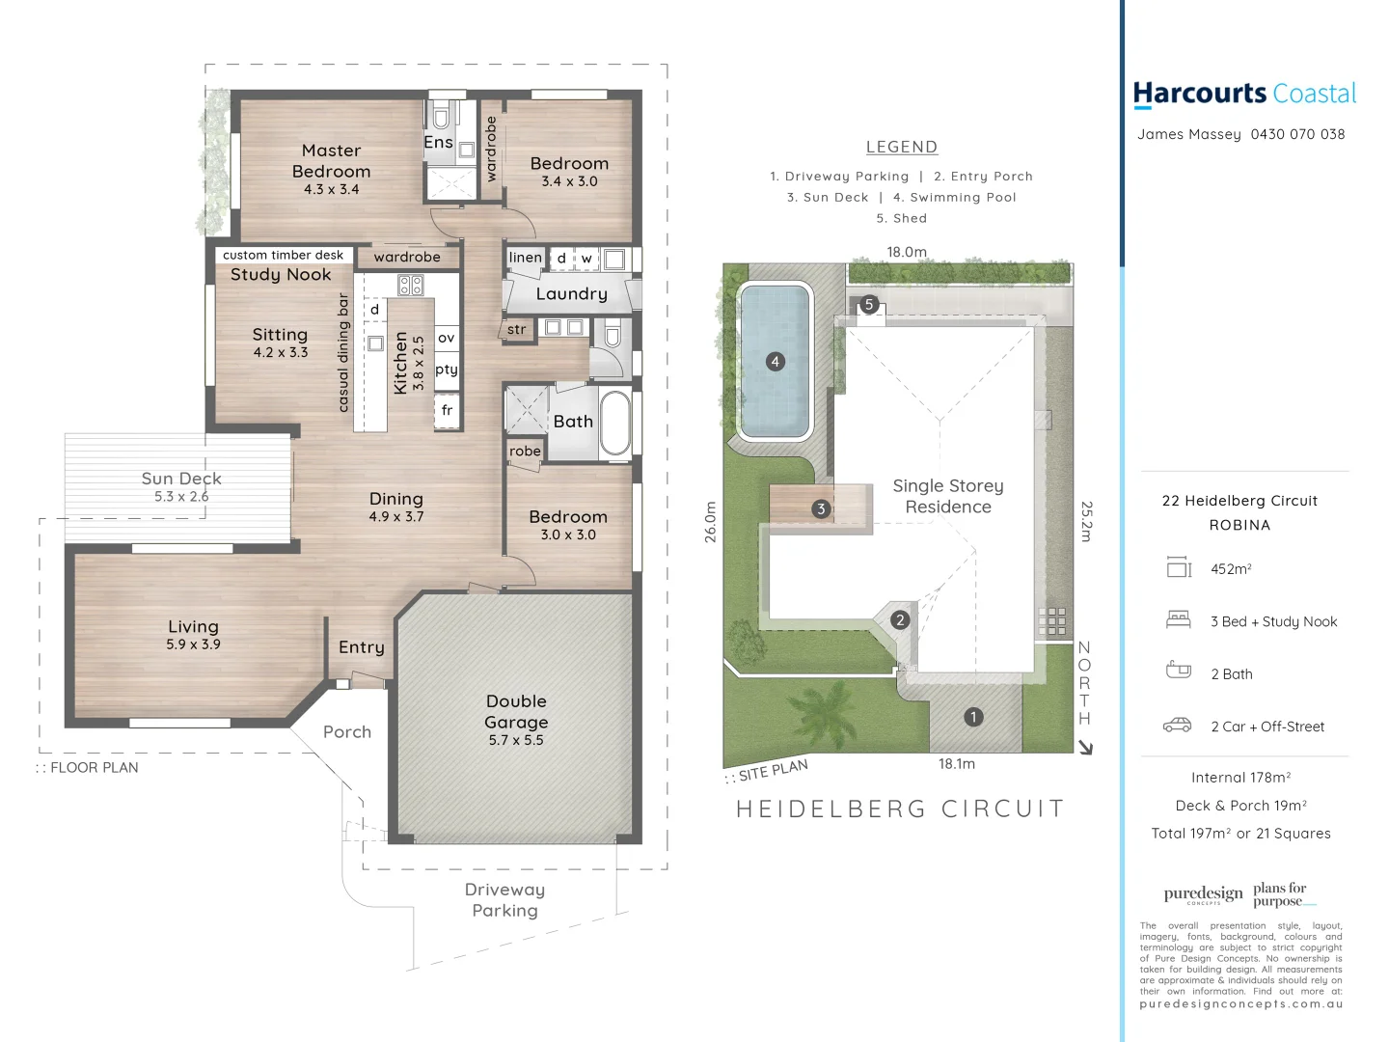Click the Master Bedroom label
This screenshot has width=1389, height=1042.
point(331,160)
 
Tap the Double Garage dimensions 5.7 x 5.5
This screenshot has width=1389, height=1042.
point(516,740)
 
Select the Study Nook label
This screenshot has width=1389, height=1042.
point(281,275)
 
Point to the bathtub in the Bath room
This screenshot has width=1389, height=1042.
point(614,422)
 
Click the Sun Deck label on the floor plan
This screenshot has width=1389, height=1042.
point(181,479)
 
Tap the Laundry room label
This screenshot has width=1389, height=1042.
point(571,294)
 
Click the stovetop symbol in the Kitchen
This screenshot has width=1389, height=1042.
point(410,285)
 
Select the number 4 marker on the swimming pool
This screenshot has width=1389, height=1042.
point(775,362)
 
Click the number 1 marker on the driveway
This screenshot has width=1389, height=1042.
point(973,717)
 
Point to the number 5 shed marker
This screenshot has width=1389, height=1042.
point(868,305)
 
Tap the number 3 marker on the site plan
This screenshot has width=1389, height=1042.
point(821,508)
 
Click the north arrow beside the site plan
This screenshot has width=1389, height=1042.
point(1086,747)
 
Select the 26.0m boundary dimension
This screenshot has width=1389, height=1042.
point(711,522)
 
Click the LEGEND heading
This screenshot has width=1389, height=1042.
point(901,147)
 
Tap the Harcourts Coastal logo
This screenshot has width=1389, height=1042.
point(1244,94)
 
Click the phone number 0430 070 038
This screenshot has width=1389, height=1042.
point(1297,134)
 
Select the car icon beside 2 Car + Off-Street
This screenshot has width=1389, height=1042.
point(1177,726)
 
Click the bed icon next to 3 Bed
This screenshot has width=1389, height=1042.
point(1178,620)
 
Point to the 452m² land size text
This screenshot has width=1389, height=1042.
point(1231,569)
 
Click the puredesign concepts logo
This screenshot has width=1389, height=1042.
point(1203,894)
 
